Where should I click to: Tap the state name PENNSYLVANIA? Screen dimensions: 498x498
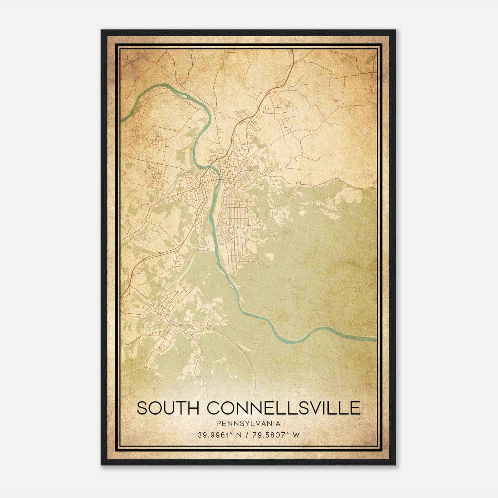[249, 424]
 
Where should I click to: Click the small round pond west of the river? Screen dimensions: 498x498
[209, 276]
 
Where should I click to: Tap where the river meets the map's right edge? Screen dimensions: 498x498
[376, 339]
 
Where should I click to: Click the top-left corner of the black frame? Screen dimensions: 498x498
[101, 30]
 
